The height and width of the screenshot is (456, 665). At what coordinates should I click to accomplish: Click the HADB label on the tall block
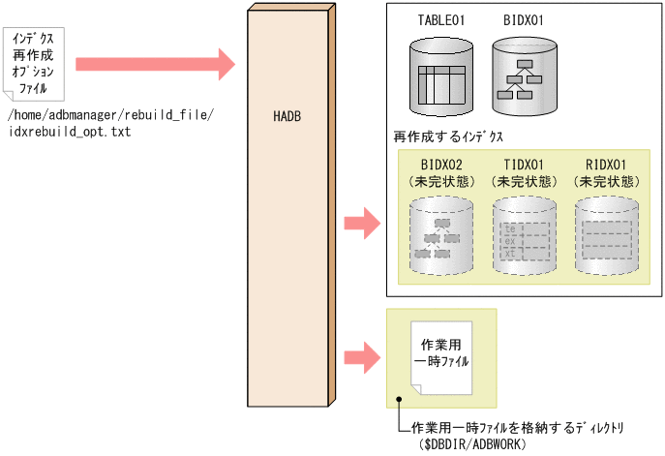pos(287,117)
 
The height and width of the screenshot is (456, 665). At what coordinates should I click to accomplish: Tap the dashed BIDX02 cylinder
pos(440,232)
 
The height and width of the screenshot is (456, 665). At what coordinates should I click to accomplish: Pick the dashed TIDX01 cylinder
pos(524,232)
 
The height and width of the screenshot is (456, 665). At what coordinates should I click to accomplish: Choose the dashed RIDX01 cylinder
pos(607,232)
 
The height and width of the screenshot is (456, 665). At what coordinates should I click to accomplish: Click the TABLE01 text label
pos(441,19)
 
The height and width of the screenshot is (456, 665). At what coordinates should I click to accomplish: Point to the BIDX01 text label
pos(525,19)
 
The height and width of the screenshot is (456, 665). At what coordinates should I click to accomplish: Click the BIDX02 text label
pos(440,165)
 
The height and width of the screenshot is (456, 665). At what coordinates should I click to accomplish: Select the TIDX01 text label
pos(524,165)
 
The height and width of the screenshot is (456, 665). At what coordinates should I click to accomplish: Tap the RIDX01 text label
pos(607,165)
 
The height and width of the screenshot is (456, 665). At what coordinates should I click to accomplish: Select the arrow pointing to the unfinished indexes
pos(361,224)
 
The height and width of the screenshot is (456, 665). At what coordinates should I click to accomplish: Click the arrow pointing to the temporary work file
pos(361,357)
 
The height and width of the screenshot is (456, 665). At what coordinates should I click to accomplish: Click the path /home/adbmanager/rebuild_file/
pos(109,116)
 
